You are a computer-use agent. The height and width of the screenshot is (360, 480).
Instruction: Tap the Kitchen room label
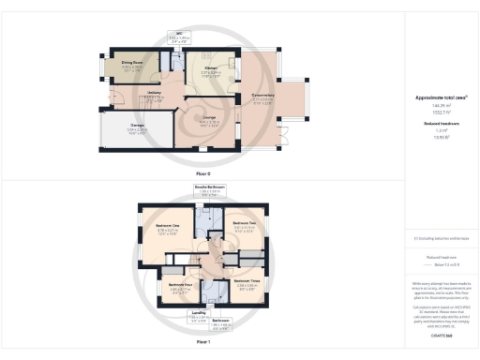coord(211,68)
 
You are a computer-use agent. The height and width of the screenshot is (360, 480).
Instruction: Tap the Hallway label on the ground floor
coord(155,93)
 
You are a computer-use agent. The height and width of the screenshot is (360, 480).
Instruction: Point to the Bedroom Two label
coord(245,223)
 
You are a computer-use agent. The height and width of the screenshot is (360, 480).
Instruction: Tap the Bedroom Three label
coord(247,280)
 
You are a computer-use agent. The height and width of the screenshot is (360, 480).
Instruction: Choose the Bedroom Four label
coord(180,283)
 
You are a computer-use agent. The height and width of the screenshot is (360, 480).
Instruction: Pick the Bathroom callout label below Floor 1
coord(220,322)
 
